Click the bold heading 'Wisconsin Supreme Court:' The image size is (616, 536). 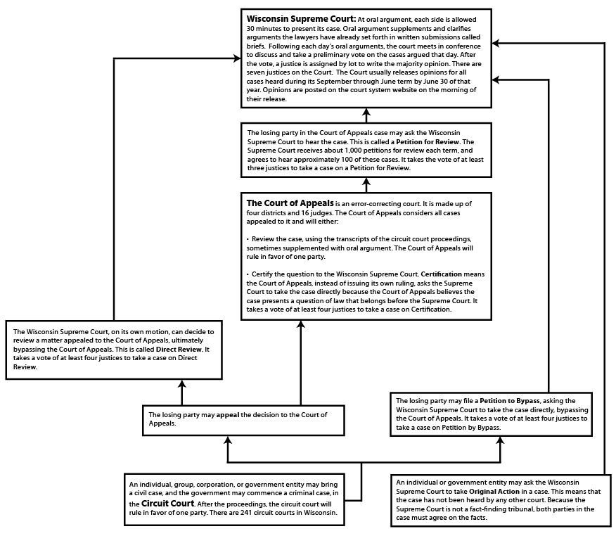(x=290, y=18)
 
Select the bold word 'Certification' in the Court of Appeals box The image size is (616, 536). (x=441, y=273)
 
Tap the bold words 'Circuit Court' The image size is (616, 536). (x=167, y=504)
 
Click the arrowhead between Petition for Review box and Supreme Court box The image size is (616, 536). (x=366, y=113)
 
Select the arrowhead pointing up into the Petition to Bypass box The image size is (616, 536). (x=499, y=441)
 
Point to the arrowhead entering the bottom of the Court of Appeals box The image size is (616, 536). (x=301, y=325)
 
